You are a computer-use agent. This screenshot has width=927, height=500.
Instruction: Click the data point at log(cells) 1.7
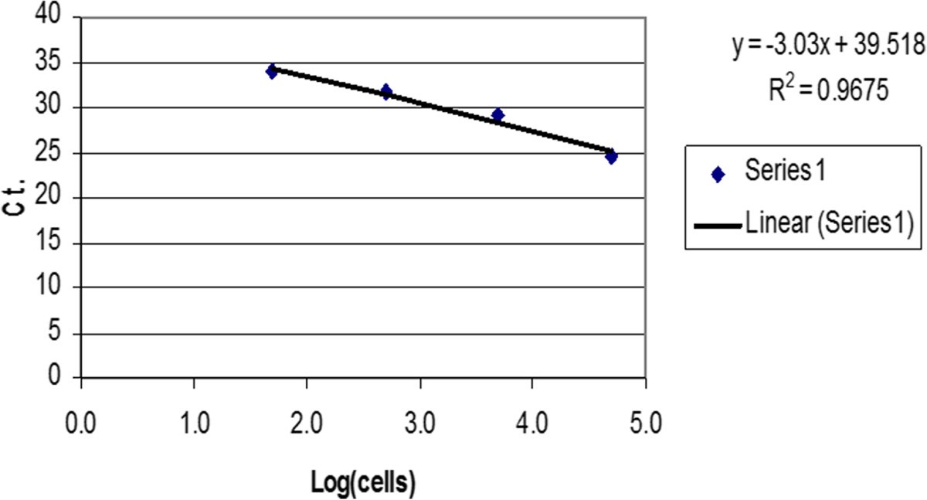coord(272,72)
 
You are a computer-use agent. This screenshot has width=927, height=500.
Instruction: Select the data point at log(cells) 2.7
coord(386,92)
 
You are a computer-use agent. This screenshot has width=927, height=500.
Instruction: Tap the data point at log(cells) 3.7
coord(498,115)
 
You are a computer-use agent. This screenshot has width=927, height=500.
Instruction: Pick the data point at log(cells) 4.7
coord(611,157)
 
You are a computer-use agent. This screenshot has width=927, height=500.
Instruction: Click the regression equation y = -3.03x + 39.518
coord(829,49)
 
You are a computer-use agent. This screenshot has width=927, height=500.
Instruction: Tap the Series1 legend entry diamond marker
coord(718,175)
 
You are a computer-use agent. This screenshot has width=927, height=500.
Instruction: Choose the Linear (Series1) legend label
coord(830,224)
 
